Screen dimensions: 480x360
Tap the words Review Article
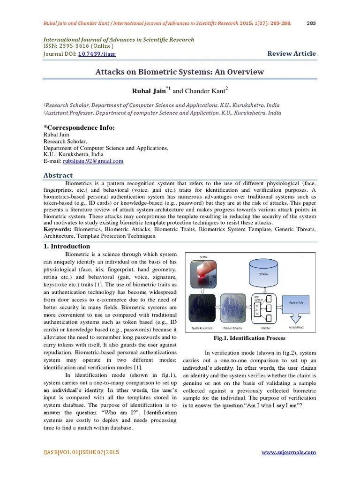point(292,53)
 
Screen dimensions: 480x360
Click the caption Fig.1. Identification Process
point(249,338)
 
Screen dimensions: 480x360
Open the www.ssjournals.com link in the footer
point(288,452)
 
